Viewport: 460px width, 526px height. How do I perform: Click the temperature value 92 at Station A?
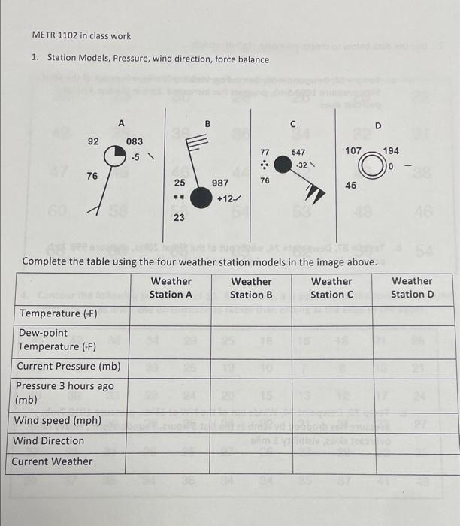coord(93,141)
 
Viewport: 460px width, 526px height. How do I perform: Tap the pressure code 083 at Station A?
coord(135,141)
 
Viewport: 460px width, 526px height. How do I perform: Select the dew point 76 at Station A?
coord(92,175)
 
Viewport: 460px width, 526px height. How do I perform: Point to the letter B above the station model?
coord(208,123)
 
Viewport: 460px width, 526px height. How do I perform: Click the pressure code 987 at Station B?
coord(221,183)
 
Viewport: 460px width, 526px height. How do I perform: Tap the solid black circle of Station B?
coord(201,198)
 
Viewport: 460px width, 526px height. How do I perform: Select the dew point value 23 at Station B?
coord(179,218)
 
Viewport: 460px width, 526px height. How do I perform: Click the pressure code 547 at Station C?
coord(299,152)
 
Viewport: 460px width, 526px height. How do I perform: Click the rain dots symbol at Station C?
coord(265,165)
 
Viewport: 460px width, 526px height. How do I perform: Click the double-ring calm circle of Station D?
coord(371,166)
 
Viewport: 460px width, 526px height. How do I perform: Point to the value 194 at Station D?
coord(391,151)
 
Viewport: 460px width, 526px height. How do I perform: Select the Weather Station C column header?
coord(331,288)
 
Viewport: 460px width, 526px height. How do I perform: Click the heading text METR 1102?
coord(55,35)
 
